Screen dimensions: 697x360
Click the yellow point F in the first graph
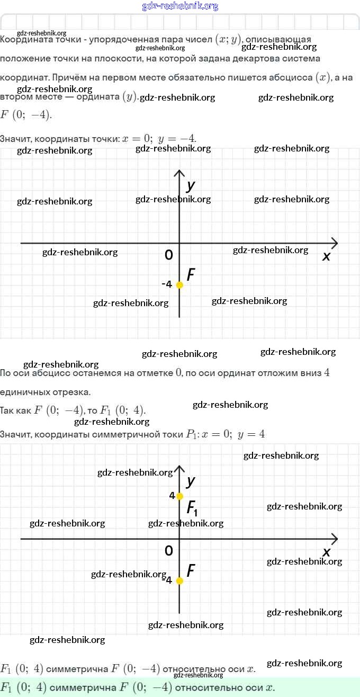[x=179, y=285]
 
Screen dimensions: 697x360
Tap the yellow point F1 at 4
[x=179, y=496]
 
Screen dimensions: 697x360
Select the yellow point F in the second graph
[x=179, y=580]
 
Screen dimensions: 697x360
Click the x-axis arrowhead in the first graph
[x=335, y=243]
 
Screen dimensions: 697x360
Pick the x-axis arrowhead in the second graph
[x=335, y=539]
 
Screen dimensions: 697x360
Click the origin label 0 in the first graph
[x=169, y=255]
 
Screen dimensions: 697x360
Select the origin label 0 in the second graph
[x=169, y=551]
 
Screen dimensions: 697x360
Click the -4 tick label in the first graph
[x=167, y=284]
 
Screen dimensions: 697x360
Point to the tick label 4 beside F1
[x=172, y=496]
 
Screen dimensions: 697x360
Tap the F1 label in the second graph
[x=192, y=508]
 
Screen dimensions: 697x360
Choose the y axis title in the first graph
[x=191, y=186]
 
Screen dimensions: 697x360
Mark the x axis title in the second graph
[x=327, y=552]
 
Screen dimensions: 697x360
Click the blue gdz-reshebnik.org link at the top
[x=180, y=6]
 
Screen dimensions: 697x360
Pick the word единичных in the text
[x=22, y=392]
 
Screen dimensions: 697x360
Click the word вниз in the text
[x=310, y=373]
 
